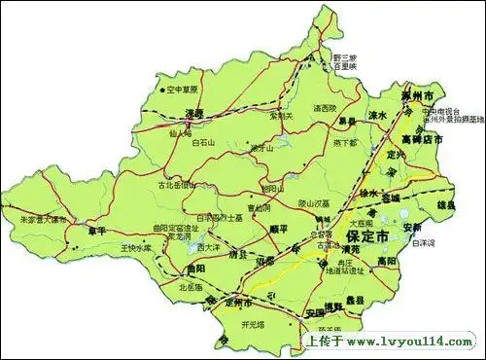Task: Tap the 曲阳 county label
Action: (x=197, y=269)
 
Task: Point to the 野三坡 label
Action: (x=346, y=57)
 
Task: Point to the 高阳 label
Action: (x=388, y=261)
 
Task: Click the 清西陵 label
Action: (x=324, y=108)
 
